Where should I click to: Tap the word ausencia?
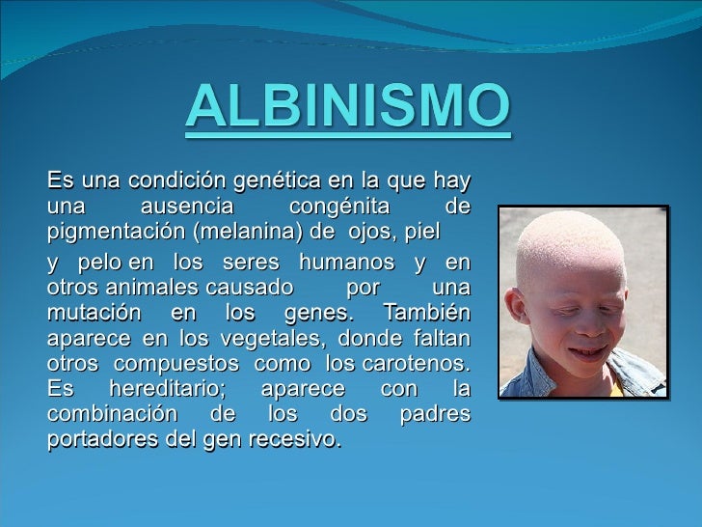pos(187,206)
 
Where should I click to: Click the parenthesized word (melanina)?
pos(248,232)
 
